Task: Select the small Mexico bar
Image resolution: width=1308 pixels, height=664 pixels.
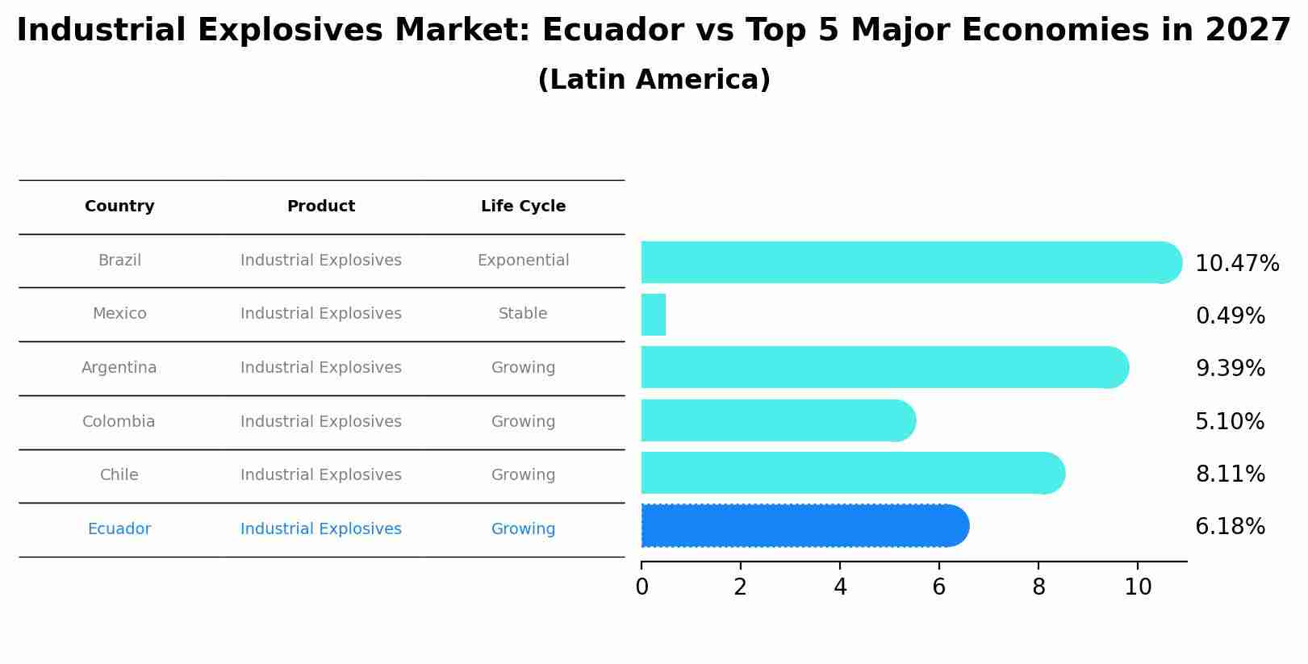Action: pos(654,315)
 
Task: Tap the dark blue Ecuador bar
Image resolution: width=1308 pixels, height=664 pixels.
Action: pos(803,526)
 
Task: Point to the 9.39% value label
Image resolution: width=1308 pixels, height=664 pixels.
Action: pos(1230,369)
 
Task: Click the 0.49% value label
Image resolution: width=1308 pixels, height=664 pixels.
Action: pos(1230,316)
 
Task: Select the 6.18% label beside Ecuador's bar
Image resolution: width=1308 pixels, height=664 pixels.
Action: pos(1230,527)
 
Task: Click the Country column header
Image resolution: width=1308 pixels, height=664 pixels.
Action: pos(119,207)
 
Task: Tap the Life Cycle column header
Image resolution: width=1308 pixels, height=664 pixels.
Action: pos(523,207)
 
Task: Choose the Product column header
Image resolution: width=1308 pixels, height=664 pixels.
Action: pos(321,207)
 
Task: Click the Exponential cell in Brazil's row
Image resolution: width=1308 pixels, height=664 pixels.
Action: pos(523,261)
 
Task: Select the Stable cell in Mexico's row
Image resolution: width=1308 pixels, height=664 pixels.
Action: pos(523,314)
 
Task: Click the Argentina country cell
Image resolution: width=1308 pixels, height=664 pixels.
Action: pos(119,368)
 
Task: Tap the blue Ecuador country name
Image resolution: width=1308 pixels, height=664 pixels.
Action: pos(119,529)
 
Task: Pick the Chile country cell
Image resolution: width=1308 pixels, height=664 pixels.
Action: pos(119,475)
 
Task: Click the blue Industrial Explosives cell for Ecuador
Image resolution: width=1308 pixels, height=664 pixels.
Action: pos(321,529)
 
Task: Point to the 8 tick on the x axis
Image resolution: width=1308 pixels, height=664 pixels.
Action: pos(1038,587)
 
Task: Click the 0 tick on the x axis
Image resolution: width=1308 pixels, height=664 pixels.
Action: pos(641,587)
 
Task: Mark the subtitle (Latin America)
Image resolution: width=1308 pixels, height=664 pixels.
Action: pos(654,80)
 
